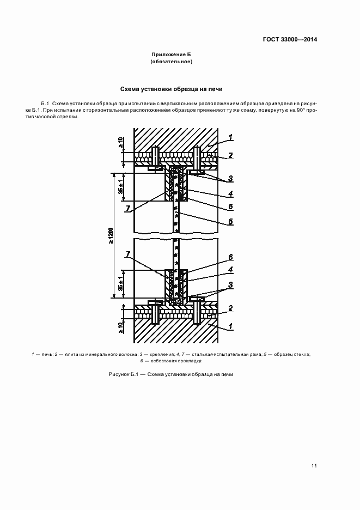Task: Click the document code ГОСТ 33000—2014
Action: click(291, 39)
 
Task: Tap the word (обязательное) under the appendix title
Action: click(171, 62)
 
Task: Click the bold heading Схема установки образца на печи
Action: click(170, 89)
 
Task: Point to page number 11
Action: click(314, 465)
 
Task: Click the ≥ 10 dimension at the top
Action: click(121, 143)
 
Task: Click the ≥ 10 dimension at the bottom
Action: click(121, 327)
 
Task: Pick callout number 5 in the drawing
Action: click(231, 222)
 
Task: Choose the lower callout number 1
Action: click(231, 326)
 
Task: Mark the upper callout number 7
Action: click(127, 209)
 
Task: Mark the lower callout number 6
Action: click(231, 257)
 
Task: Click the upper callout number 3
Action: click(231, 178)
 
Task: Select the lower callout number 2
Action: click(231, 308)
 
